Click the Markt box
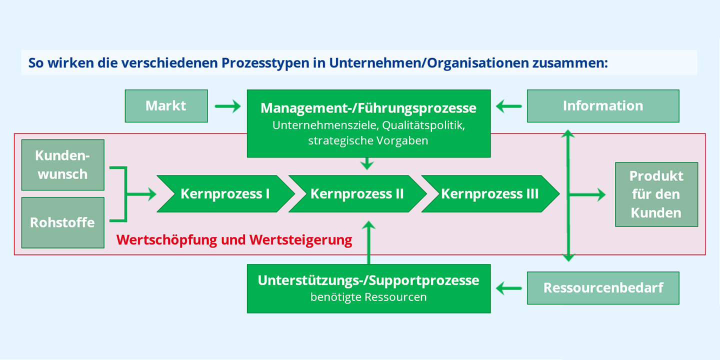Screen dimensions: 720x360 166,106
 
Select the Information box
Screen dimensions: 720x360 603,106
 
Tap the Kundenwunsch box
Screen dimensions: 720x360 62,165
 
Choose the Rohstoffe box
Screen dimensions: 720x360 62,222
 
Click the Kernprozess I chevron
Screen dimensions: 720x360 225,194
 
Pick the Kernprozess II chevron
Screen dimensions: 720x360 357,194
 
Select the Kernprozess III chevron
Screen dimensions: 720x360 490,194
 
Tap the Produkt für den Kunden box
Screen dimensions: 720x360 656,194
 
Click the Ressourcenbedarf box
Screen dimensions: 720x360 603,288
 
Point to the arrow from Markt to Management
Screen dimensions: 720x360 227,106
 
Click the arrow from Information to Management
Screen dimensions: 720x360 509,106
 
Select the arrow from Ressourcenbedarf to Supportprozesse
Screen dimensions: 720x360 509,288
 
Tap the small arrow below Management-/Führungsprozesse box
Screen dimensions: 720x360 367,163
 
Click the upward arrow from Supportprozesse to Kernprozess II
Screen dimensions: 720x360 368,242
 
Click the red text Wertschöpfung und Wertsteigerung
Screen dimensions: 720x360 234,240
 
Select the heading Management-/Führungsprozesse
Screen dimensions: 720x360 368,108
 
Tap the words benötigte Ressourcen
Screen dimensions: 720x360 368,297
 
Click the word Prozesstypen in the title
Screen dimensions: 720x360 265,63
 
